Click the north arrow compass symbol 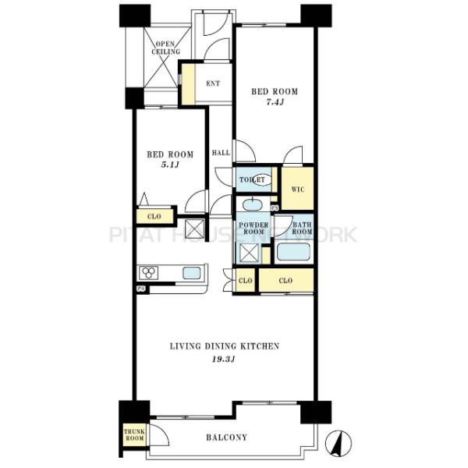[x=339, y=443]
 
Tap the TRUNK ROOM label [x=134, y=435]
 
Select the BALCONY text [x=226, y=438]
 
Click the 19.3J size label [x=223, y=359]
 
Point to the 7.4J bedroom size [x=275, y=102]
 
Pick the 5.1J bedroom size [x=170, y=165]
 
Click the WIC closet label [x=298, y=190]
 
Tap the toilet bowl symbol [x=262, y=179]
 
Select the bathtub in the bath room [x=293, y=252]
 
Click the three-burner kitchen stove [x=149, y=273]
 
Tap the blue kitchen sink [x=191, y=273]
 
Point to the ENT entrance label [x=213, y=83]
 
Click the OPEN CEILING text [x=165, y=48]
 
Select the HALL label [x=221, y=153]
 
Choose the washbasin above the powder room [x=253, y=205]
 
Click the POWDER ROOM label [x=253, y=228]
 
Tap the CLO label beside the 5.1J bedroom [x=154, y=216]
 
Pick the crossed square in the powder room [x=249, y=253]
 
